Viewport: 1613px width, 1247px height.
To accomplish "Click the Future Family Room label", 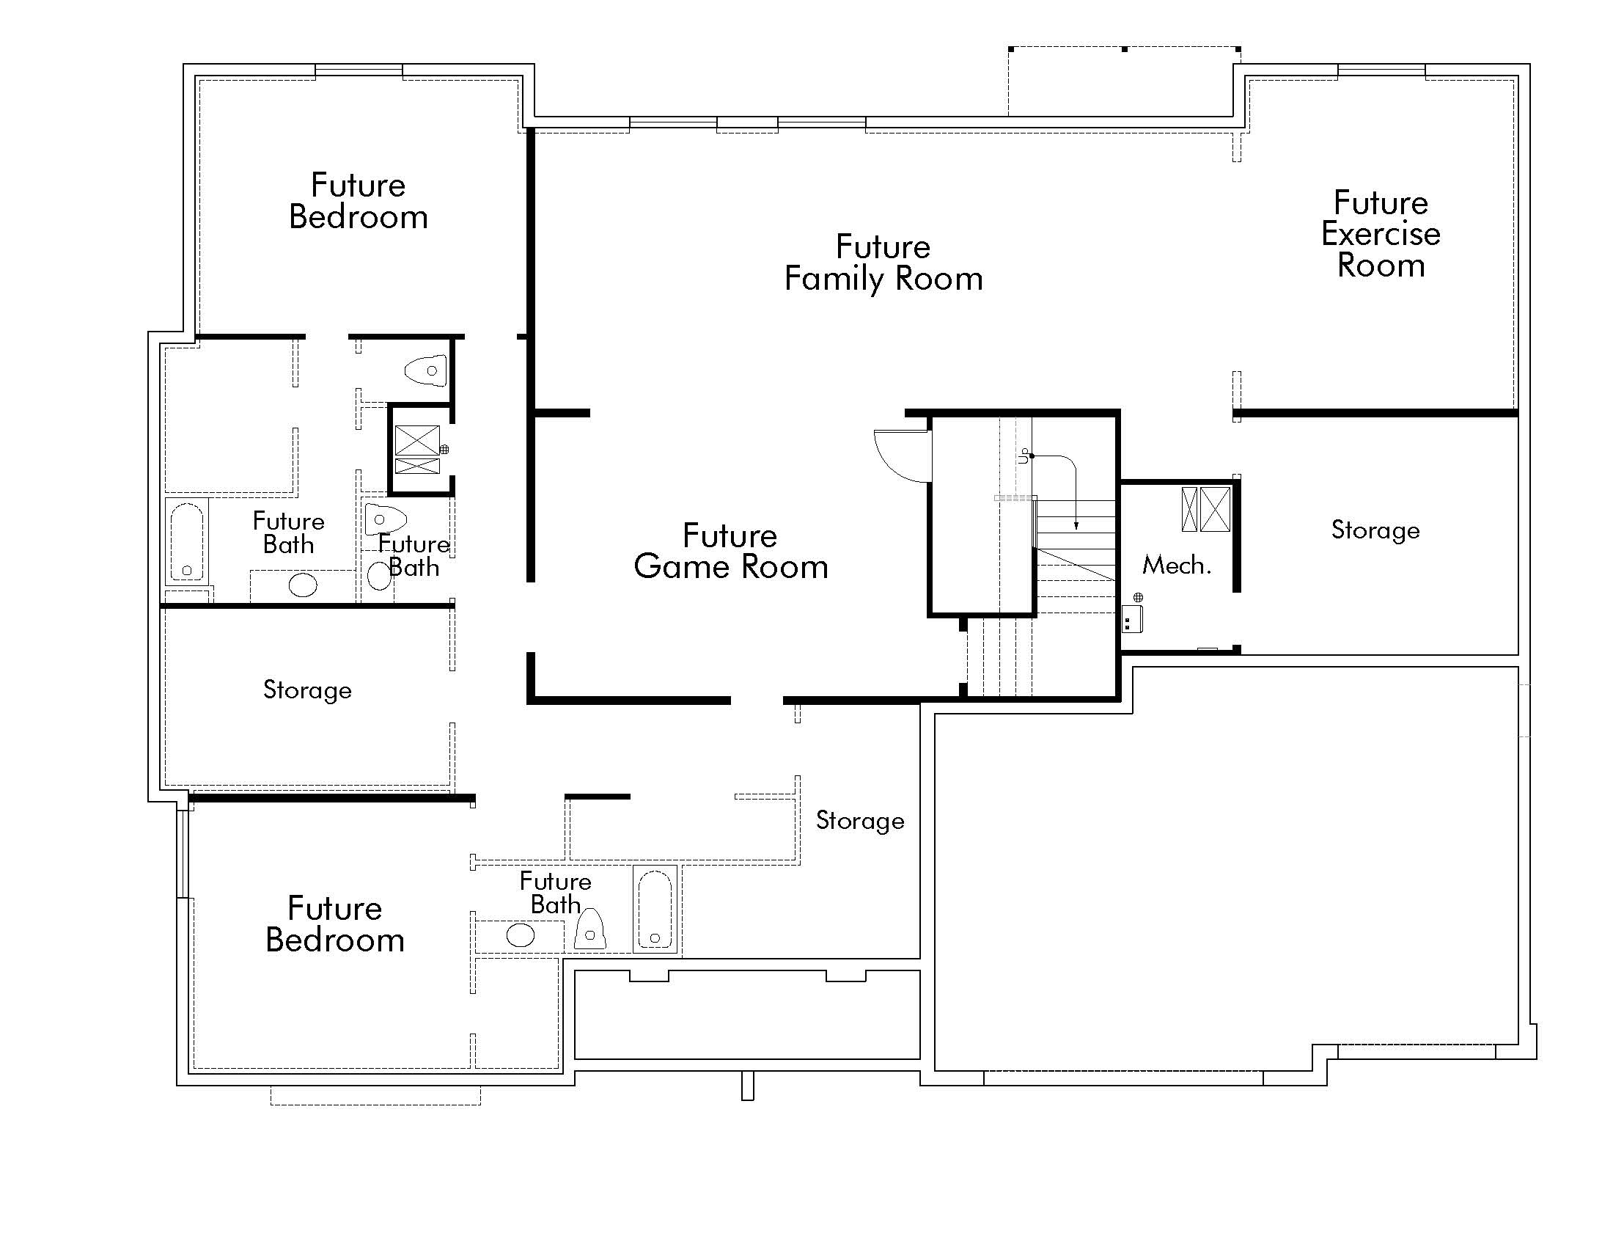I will pyautogui.click(x=883, y=263).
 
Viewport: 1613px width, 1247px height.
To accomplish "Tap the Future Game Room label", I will pyautogui.click(x=730, y=551).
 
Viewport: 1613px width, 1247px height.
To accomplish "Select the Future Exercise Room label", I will pyautogui.click(x=1381, y=233).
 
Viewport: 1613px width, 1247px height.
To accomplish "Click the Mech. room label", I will pyautogui.click(x=1177, y=565).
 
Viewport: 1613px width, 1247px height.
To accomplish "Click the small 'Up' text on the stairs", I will pyautogui.click(x=1023, y=455).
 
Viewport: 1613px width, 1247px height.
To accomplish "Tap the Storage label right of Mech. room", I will pyautogui.click(x=1375, y=530).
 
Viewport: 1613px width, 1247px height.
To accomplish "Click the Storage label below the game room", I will pyautogui.click(x=860, y=820).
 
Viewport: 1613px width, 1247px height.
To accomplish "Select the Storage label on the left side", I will pyautogui.click(x=307, y=690).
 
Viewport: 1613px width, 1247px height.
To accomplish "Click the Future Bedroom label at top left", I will pyautogui.click(x=359, y=201).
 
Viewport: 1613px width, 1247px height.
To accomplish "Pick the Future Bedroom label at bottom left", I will pyautogui.click(x=334, y=924).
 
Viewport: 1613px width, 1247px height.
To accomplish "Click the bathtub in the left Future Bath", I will pyautogui.click(x=187, y=541).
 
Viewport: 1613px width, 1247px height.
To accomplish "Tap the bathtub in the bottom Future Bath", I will pyautogui.click(x=655, y=910).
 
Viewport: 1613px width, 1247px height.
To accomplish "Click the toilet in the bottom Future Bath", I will pyautogui.click(x=590, y=930).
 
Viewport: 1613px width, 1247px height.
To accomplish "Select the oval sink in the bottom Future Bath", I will pyautogui.click(x=521, y=935).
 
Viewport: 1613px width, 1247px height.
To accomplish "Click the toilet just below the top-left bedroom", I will pyautogui.click(x=427, y=371).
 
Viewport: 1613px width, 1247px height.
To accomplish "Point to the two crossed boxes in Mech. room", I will pyautogui.click(x=1206, y=509).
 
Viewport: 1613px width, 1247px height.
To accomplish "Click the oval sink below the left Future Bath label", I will pyautogui.click(x=303, y=586).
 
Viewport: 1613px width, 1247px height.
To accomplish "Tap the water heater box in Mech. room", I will pyautogui.click(x=1132, y=618).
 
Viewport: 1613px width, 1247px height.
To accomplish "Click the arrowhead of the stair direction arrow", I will pyautogui.click(x=1076, y=526).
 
